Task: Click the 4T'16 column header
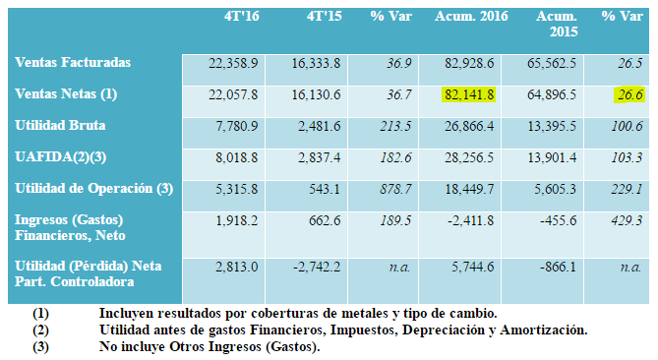click(241, 17)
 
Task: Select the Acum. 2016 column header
click(471, 17)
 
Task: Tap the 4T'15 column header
click(324, 17)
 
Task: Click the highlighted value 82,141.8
click(469, 94)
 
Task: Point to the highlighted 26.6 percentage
click(629, 94)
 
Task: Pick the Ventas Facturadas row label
click(73, 63)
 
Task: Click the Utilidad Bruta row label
click(60, 126)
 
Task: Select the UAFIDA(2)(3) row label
click(60, 157)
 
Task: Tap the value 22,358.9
click(233, 63)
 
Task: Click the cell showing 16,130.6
click(316, 94)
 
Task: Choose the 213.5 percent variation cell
click(395, 126)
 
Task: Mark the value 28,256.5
click(469, 157)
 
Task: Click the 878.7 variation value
click(395, 189)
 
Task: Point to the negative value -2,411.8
click(469, 220)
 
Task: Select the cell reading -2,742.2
click(317, 267)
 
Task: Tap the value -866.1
click(558, 267)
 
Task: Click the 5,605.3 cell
click(555, 189)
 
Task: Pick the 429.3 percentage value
click(627, 220)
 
